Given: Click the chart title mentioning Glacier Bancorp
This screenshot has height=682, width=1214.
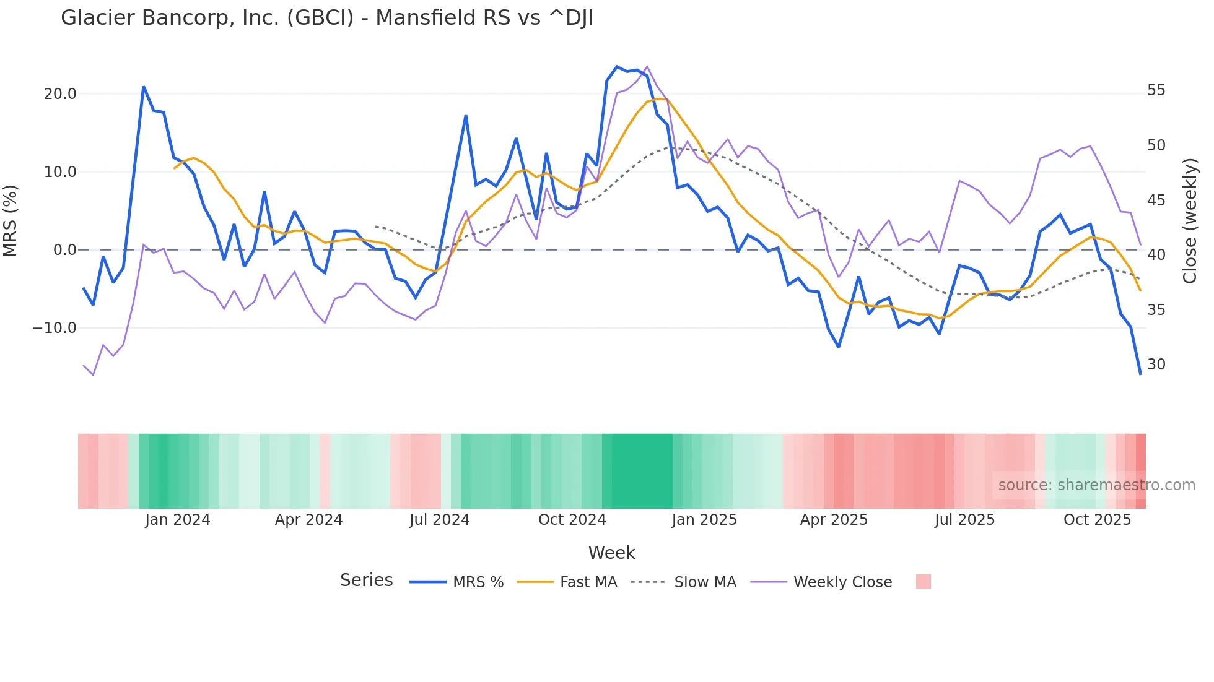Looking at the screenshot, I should tap(327, 18).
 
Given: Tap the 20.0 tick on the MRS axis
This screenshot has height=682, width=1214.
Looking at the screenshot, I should tap(60, 94).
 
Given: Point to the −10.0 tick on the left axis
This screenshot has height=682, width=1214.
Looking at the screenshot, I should tap(55, 328).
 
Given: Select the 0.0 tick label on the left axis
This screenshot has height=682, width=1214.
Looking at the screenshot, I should tap(64, 250).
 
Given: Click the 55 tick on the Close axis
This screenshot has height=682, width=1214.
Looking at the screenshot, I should tap(1156, 90).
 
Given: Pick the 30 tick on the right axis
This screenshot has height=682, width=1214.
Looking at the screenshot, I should tap(1156, 365).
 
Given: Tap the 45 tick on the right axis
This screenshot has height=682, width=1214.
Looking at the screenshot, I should tap(1156, 200).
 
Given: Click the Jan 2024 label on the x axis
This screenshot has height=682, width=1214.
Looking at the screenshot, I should tap(178, 520).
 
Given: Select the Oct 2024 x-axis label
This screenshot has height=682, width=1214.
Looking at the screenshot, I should tap(572, 520).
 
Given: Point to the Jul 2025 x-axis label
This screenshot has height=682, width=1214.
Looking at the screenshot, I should tap(964, 520).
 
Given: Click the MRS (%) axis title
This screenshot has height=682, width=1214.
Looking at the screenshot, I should tap(11, 220).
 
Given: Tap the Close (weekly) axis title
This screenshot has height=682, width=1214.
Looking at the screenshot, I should tap(1190, 220).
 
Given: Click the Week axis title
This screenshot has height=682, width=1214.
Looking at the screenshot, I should tap(611, 553).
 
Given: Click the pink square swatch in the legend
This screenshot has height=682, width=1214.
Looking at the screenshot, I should tap(923, 582).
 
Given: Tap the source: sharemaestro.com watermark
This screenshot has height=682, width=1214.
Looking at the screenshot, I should tap(1096, 485).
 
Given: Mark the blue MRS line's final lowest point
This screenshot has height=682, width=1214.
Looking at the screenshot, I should tap(1140, 374).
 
